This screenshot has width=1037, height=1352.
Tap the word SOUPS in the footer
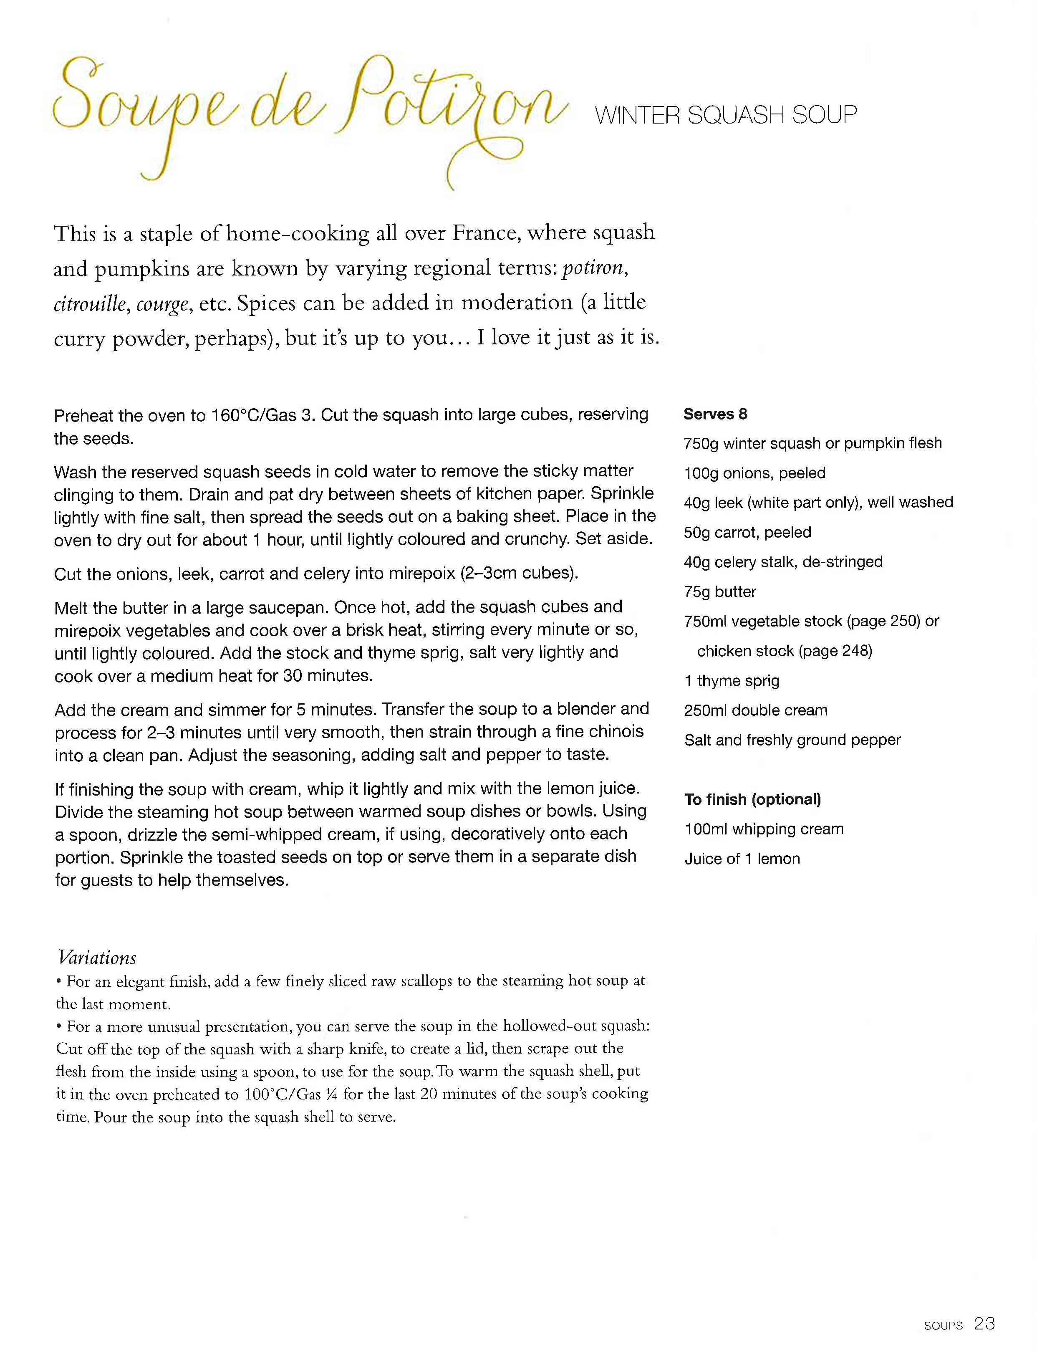pos(943,1325)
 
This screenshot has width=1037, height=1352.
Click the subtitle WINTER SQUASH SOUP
pos(725,115)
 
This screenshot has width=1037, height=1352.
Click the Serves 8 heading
pos(715,414)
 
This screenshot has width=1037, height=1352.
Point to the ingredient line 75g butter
pos(719,591)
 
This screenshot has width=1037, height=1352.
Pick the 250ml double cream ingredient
pos(755,710)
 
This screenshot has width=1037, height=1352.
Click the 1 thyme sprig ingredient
pos(732,680)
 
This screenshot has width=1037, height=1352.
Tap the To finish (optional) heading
pos(752,799)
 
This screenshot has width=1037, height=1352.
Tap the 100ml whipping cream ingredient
pos(764,829)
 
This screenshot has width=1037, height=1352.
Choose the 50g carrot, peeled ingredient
pos(747,532)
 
